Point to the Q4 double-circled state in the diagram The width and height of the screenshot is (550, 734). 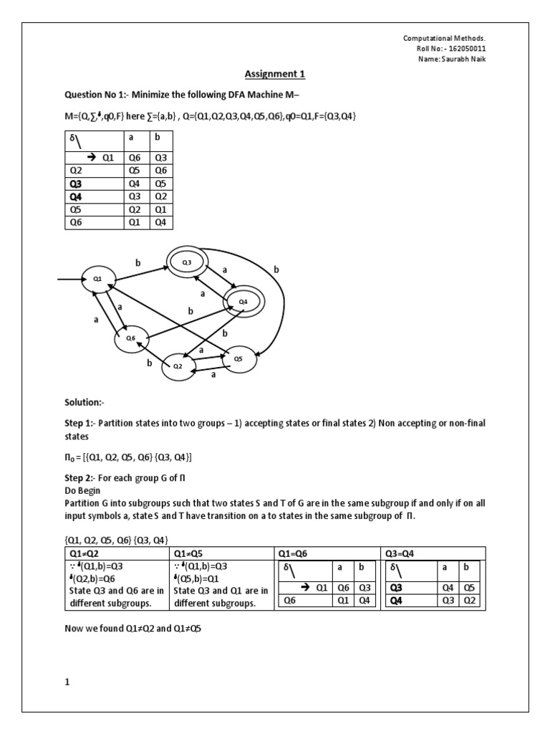243,302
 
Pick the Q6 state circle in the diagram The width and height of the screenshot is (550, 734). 130,338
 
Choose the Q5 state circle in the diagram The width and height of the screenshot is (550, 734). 238,358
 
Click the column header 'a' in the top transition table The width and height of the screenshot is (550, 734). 131,145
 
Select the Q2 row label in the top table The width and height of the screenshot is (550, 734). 76,171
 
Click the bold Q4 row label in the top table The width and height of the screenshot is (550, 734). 76,197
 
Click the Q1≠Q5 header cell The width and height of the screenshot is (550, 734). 190,553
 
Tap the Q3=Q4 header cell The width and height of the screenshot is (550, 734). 402,553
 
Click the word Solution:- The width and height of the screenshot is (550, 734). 84,402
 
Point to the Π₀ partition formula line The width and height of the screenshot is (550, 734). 129,457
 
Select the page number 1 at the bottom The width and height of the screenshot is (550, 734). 67,682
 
